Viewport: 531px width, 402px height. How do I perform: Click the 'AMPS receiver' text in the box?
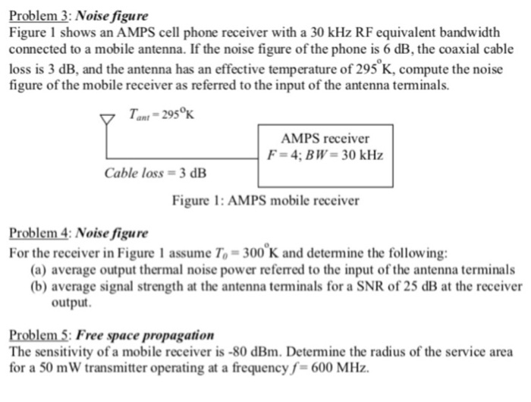[325, 139]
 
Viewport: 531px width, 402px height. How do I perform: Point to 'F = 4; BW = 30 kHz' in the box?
[325, 155]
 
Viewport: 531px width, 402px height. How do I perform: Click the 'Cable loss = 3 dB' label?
[155, 173]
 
